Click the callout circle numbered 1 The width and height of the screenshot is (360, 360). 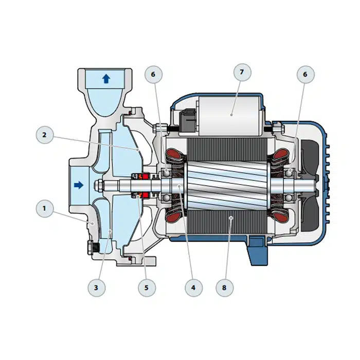click(x=45, y=208)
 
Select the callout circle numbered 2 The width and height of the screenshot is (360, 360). click(x=45, y=135)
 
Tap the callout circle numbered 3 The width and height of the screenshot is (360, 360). click(x=97, y=287)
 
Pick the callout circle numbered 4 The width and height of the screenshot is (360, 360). click(x=193, y=287)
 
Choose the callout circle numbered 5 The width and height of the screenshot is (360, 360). click(x=147, y=287)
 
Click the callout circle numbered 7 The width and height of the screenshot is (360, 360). click(x=242, y=72)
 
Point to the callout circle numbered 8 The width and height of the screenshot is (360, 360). click(x=225, y=287)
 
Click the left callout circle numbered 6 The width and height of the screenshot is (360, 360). click(x=153, y=75)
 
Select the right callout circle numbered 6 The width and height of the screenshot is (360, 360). click(x=305, y=75)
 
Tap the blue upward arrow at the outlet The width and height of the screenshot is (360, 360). click(x=106, y=79)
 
